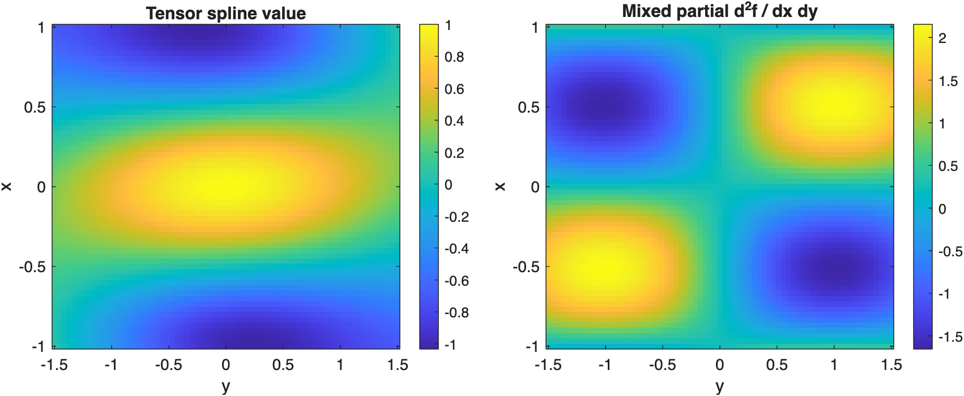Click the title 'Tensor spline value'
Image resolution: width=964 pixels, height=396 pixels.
226,13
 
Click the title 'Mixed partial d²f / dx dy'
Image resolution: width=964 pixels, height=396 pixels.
719,11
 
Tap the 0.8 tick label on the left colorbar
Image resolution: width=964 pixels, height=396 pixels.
454,57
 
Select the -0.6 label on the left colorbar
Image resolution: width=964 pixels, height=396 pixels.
457,281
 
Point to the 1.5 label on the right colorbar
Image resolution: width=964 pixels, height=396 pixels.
948,81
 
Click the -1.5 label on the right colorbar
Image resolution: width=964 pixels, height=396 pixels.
950,337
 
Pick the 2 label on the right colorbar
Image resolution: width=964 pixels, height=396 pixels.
942,38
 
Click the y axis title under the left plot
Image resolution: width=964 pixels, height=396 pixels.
226,386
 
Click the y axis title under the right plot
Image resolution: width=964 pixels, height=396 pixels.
719,386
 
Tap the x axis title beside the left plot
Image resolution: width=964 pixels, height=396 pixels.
7,186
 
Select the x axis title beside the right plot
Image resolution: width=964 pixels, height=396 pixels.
500,186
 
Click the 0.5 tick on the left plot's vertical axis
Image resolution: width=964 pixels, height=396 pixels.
34,107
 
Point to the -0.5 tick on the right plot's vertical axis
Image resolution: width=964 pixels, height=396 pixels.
526,266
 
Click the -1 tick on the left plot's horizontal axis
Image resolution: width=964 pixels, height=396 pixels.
111,365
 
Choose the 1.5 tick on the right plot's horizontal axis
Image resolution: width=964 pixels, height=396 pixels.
892,365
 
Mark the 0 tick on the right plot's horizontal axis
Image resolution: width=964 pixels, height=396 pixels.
719,365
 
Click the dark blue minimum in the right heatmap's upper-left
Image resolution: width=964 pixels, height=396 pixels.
605,107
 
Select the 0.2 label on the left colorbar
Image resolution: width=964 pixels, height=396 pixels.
454,153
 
